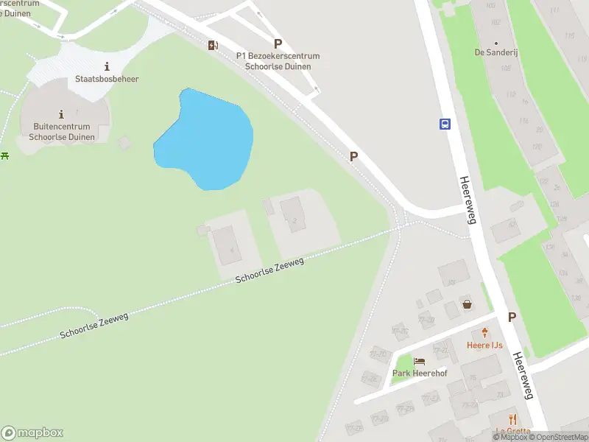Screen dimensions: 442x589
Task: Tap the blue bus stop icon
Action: click(x=445, y=124)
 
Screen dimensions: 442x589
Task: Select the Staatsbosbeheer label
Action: click(x=107, y=79)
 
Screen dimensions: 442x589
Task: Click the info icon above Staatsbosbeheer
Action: click(x=107, y=66)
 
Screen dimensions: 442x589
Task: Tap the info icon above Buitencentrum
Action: click(x=60, y=113)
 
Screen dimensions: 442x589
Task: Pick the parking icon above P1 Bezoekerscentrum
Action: click(x=278, y=43)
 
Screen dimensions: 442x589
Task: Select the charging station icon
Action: click(x=213, y=46)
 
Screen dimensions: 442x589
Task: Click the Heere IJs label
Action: click(x=484, y=345)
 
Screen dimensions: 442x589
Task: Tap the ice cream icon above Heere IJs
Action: click(x=484, y=332)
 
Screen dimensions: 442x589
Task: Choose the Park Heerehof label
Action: click(x=419, y=373)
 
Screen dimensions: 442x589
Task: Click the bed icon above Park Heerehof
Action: click(x=420, y=361)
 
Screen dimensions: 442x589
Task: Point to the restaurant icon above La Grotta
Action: click(x=513, y=418)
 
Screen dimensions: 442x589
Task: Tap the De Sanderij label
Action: click(x=494, y=53)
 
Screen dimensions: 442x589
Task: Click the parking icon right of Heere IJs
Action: click(x=512, y=317)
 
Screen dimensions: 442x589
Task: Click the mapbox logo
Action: click(x=32, y=432)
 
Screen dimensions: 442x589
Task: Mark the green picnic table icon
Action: click(x=5, y=155)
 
